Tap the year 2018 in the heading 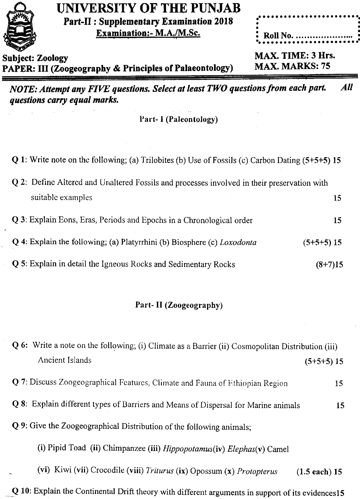(224, 21)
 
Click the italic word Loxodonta (238, 243)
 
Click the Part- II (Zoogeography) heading (179, 305)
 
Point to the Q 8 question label (19, 405)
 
